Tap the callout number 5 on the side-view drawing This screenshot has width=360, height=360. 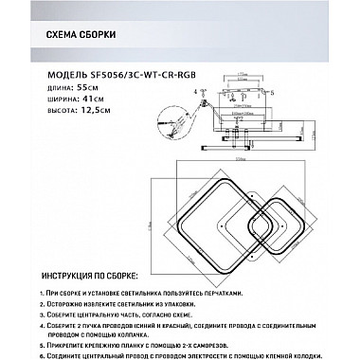coord(268,95)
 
